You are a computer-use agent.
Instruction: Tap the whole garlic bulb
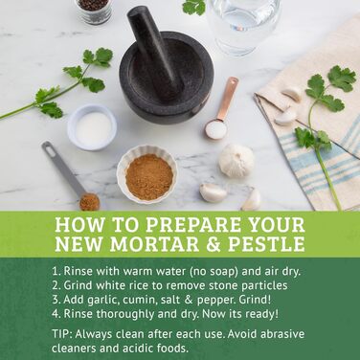pos(236,160)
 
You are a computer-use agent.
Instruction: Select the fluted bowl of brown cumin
pos(147,174)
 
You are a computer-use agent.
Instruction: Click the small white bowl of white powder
pos(92,126)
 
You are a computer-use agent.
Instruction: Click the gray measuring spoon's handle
pos(61,168)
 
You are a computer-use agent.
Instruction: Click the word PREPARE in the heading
pos(193,226)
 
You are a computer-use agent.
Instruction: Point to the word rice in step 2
pos(154,285)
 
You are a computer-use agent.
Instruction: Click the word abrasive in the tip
pos(282,334)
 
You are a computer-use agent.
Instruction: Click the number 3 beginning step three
pos(56,300)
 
